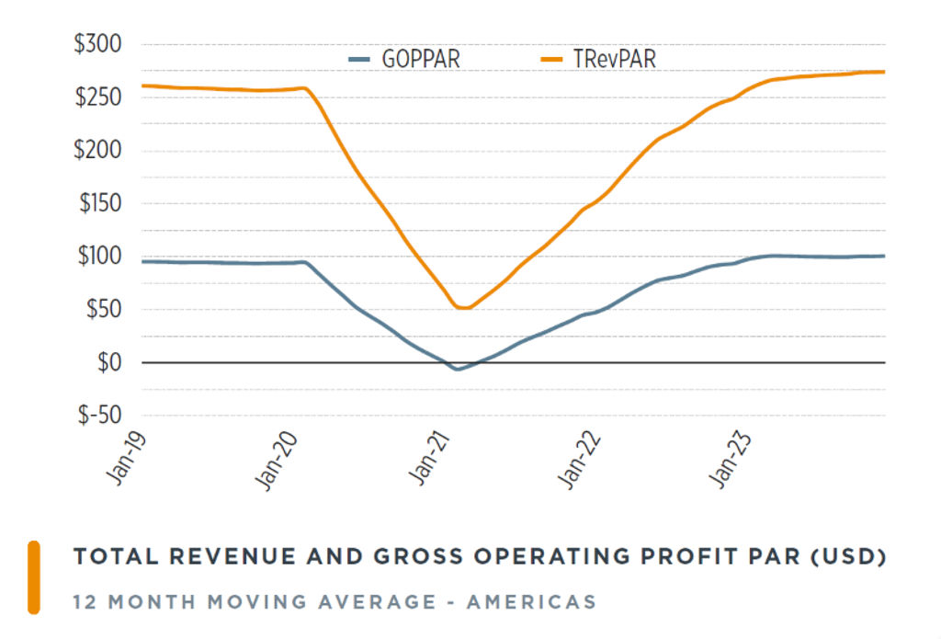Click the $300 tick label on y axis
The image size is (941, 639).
tap(96, 45)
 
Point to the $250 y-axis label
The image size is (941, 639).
tap(96, 97)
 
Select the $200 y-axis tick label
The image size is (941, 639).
tap(96, 151)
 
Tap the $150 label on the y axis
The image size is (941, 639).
tap(97, 204)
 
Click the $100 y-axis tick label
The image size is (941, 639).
tap(97, 257)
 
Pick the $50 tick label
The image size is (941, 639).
tap(102, 310)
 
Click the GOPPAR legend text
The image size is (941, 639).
tap(420, 61)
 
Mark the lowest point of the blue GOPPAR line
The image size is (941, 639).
tap(457, 369)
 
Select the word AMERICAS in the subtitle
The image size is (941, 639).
tap(531, 603)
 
